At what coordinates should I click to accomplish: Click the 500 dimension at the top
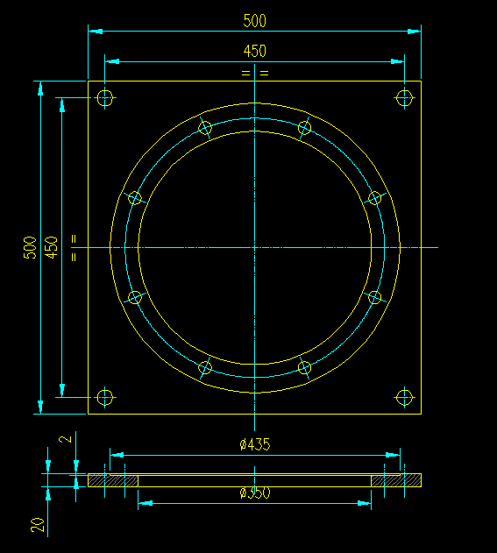point(254,20)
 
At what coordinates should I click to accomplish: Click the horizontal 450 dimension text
point(254,51)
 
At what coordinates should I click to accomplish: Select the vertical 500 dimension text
point(30,247)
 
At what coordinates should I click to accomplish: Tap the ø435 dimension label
point(254,445)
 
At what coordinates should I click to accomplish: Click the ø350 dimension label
point(254,493)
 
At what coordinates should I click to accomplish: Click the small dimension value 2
point(62,440)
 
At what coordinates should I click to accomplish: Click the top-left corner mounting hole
point(105,97)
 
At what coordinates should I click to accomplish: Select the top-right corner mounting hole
point(404,97)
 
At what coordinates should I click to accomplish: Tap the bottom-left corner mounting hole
point(105,397)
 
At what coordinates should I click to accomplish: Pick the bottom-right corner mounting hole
point(404,397)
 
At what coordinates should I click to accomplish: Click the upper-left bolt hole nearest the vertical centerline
point(205,128)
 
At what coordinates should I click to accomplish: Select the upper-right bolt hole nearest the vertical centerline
point(304,128)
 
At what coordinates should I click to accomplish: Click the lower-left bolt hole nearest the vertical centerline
point(205,367)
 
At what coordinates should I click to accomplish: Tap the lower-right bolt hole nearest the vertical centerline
point(304,367)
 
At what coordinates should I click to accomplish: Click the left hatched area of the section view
point(113,480)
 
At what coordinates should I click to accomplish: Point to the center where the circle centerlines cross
point(254,247)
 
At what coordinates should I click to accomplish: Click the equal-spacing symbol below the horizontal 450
point(254,74)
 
